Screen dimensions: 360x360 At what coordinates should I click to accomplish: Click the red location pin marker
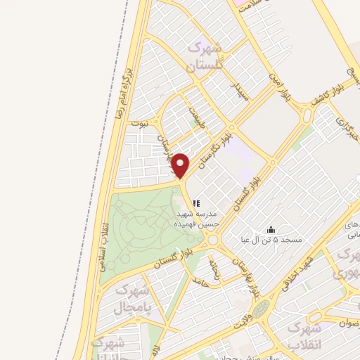pyautogui.click(x=181, y=165)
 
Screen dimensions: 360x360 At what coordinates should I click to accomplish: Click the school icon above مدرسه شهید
pyautogui.click(x=195, y=204)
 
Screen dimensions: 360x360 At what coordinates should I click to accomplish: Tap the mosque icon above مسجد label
pyautogui.click(x=271, y=229)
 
